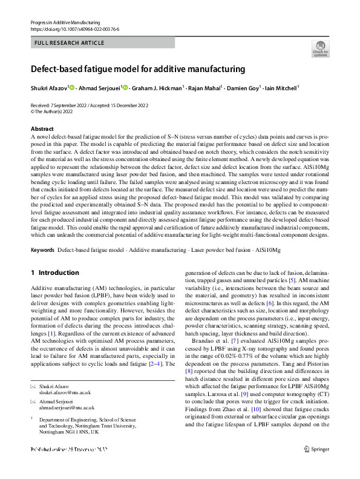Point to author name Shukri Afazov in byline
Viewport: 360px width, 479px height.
pyautogui.click(x=50, y=88)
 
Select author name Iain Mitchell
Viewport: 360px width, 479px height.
pyautogui.click(x=282, y=88)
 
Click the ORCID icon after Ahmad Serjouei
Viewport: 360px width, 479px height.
pyautogui.click(x=125, y=88)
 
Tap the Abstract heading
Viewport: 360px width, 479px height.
pyautogui.click(x=42, y=129)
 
